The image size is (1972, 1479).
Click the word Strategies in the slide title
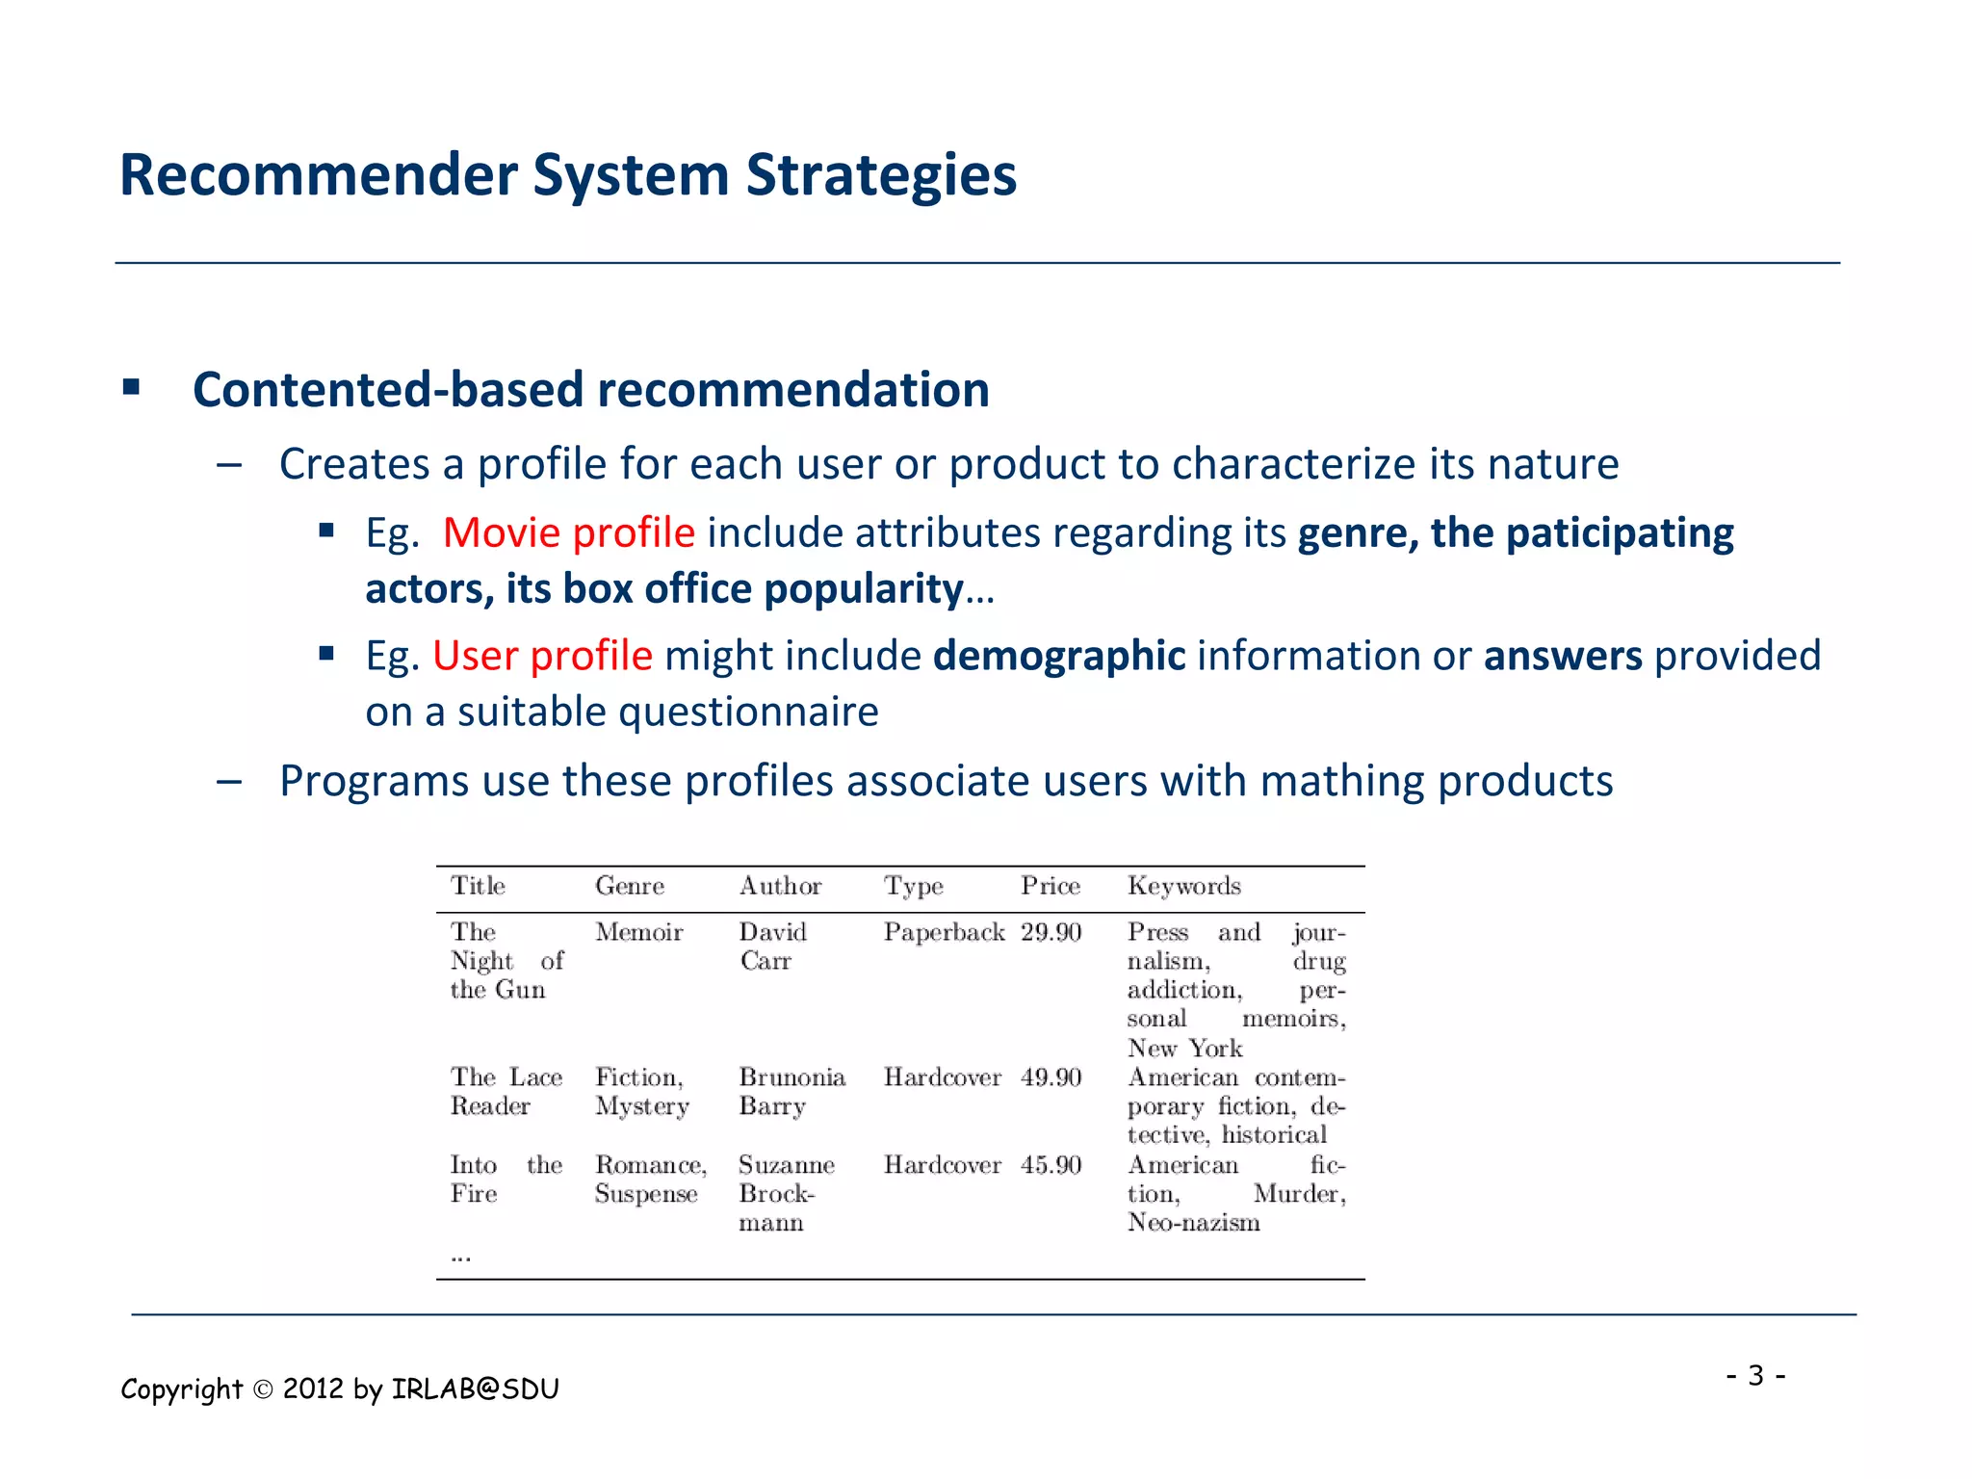pos(880,176)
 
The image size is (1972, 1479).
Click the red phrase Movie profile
pos(568,532)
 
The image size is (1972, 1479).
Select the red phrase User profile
pos(542,656)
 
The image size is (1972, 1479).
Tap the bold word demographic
pos(1058,656)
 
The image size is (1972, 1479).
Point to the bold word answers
pos(1562,656)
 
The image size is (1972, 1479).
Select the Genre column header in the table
pos(630,886)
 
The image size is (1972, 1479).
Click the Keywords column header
pos(1183,886)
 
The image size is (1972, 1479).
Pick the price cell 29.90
pos(1051,932)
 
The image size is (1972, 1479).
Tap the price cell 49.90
pos(1051,1077)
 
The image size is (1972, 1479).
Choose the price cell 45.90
pos(1051,1165)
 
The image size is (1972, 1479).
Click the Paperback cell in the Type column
pos(944,932)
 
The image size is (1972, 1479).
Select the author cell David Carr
pos(772,947)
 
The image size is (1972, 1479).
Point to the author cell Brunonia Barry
pos(791,1091)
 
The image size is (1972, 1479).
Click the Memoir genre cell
pos(638,932)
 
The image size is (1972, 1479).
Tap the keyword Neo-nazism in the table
pos(1193,1223)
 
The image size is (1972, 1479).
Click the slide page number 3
pos(1755,1375)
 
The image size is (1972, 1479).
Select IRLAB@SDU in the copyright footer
pos(475,1388)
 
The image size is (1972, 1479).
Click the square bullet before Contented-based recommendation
pos(132,388)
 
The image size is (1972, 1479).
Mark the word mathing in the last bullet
pos(1341,781)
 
